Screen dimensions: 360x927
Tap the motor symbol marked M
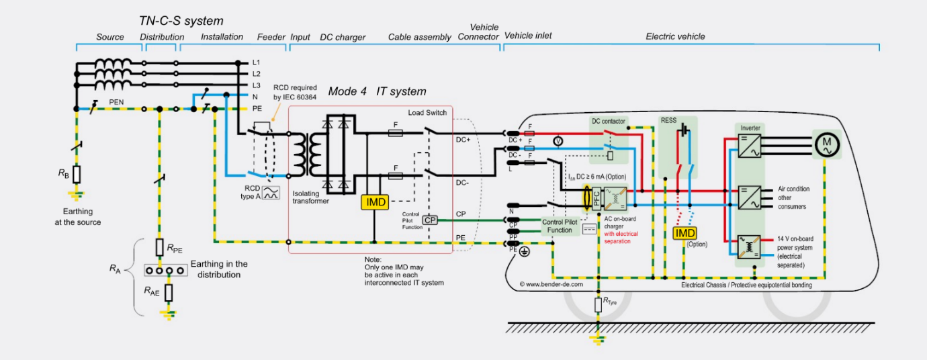pyautogui.click(x=826, y=144)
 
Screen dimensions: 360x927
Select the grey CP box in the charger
pyautogui.click(x=429, y=220)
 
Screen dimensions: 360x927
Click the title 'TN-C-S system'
pyautogui.click(x=181, y=21)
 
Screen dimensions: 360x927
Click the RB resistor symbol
pyautogui.click(x=77, y=175)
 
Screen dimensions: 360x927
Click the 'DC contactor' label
pyautogui.click(x=609, y=121)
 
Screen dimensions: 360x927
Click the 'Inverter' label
pyautogui.click(x=750, y=128)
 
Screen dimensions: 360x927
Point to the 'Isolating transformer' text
pyautogui.click(x=311, y=197)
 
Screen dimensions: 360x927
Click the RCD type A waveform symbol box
pyautogui.click(x=271, y=193)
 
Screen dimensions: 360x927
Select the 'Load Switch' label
pyautogui.click(x=427, y=112)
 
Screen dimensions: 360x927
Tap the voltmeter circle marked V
pyautogui.click(x=556, y=141)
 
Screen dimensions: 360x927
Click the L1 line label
pyautogui.click(x=256, y=62)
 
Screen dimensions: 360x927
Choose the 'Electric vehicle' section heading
pyautogui.click(x=675, y=36)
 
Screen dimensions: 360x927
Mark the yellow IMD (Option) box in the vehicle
pyautogui.click(x=685, y=233)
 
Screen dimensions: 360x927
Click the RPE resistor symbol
pyautogui.click(x=159, y=247)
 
